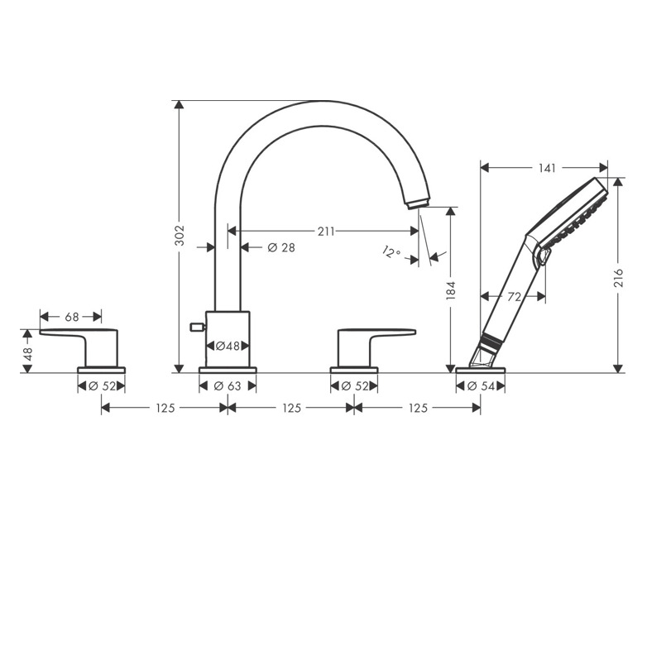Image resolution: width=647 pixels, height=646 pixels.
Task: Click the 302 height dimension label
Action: (x=180, y=236)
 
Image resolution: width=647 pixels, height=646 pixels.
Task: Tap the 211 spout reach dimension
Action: (x=326, y=232)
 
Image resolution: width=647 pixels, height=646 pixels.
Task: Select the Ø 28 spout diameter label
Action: (x=281, y=247)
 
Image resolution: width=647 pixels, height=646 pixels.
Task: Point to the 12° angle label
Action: (x=391, y=251)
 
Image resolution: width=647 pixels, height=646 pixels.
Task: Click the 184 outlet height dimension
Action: (x=451, y=290)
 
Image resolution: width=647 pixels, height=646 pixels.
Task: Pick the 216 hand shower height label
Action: (x=618, y=278)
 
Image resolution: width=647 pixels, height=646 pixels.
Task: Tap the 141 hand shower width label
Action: (x=547, y=168)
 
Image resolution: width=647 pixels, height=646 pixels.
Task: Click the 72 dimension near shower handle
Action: (x=514, y=297)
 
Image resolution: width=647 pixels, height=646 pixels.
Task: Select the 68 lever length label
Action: (x=71, y=317)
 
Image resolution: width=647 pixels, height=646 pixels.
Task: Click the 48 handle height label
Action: (x=27, y=354)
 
